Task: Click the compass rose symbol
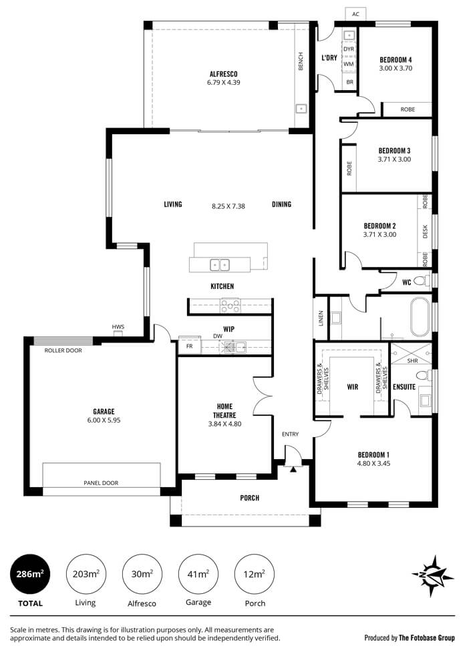(x=432, y=575)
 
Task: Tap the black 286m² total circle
(x=30, y=575)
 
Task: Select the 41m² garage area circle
(x=198, y=575)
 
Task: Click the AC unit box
(x=355, y=14)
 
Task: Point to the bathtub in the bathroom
(x=420, y=316)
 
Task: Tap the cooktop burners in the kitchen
(x=230, y=306)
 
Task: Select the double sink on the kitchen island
(x=220, y=265)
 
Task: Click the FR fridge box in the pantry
(x=190, y=346)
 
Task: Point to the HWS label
(x=118, y=327)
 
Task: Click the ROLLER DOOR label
(x=63, y=350)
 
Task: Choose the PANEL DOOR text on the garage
(x=101, y=483)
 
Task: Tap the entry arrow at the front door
(x=293, y=470)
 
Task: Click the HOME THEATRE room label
(x=224, y=411)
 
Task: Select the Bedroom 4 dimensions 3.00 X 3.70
(x=396, y=68)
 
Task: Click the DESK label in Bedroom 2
(x=426, y=232)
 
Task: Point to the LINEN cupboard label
(x=321, y=318)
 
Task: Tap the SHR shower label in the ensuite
(x=412, y=361)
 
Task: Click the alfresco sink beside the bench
(x=301, y=108)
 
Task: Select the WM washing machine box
(x=349, y=64)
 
